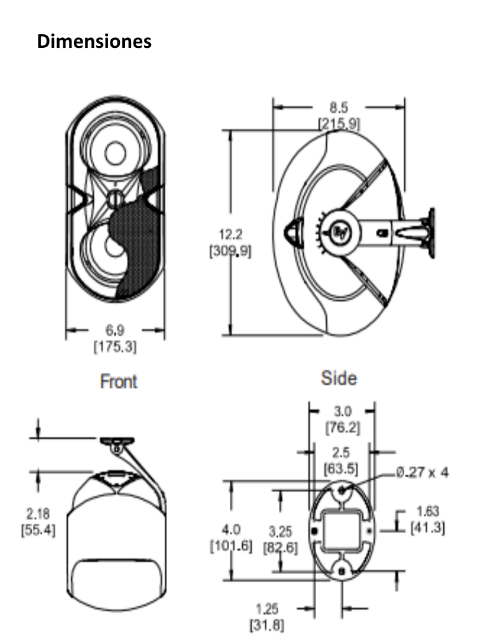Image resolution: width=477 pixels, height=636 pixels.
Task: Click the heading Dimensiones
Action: (94, 42)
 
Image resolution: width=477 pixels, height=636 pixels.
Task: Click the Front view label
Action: (119, 381)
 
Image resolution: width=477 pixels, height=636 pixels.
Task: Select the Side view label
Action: (339, 378)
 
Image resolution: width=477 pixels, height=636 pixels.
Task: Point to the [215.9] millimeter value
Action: (339, 123)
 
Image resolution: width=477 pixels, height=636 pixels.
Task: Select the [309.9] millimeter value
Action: (230, 252)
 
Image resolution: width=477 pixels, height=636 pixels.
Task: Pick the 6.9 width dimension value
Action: (115, 332)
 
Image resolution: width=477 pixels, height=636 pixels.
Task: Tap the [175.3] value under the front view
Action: (115, 347)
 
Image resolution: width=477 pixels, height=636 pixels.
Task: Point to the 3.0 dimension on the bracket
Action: (342, 411)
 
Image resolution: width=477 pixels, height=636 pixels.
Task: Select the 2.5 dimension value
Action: (341, 453)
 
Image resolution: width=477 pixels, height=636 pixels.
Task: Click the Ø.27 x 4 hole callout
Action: (422, 473)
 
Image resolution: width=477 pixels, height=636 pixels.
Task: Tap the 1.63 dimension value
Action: (428, 512)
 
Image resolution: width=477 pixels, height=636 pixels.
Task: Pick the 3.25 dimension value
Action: (280, 532)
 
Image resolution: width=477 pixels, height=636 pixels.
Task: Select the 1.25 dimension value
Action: (267, 609)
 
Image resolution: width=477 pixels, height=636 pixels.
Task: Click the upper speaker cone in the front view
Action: (116, 152)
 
